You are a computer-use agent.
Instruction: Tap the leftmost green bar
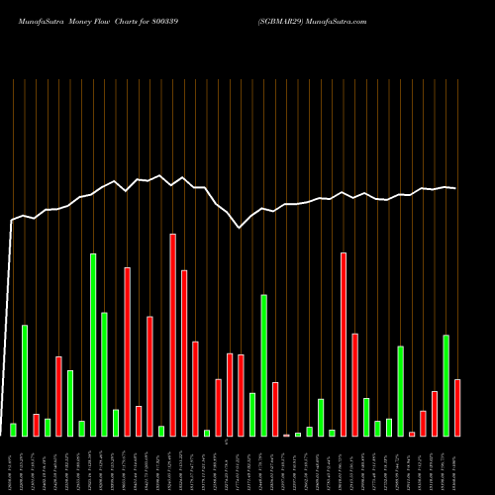click(x=13, y=430)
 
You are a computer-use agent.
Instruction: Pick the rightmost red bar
click(x=457, y=407)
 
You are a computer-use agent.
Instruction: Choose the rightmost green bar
click(x=446, y=385)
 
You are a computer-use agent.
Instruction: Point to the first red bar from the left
click(x=36, y=425)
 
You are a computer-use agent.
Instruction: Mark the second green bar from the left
click(x=25, y=380)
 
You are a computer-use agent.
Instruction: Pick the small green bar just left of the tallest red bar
click(x=161, y=431)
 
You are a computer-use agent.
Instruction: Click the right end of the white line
click(x=455, y=188)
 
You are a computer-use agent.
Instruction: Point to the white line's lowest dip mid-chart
click(x=241, y=228)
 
